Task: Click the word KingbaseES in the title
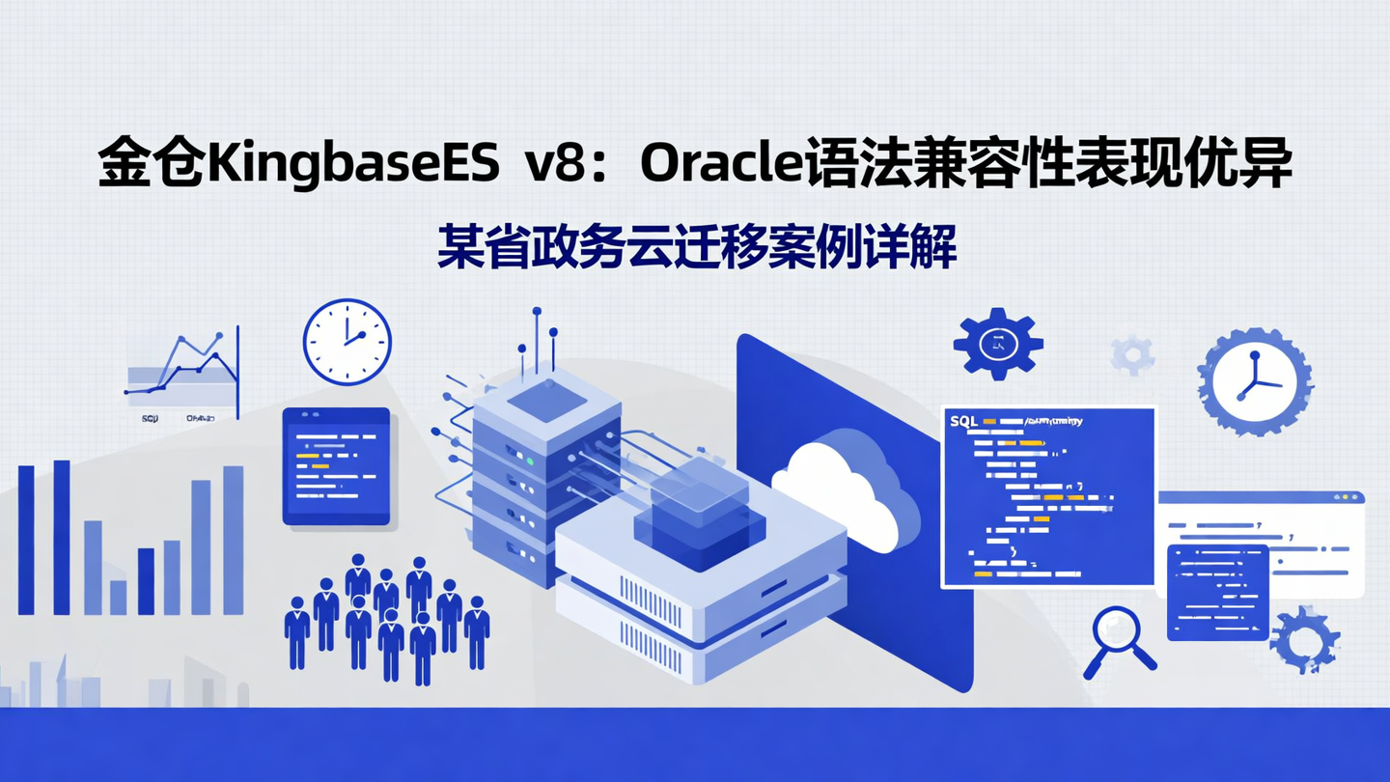353,166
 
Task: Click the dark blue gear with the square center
997,343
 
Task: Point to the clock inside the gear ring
1254,381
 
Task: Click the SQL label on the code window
964,422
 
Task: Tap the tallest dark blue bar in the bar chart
61,537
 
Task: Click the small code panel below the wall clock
336,465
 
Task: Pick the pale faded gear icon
1132,354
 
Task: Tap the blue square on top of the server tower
547,400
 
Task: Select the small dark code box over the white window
1217,591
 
